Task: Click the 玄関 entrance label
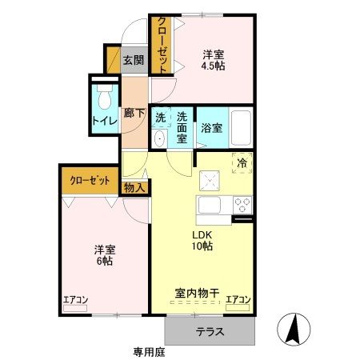(133, 60)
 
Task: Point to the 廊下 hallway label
(134, 113)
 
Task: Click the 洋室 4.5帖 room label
(213, 60)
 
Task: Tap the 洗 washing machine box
(160, 116)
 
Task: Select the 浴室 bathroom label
(211, 127)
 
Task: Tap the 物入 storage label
(134, 188)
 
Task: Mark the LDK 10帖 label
(200, 240)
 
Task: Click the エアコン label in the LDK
(238, 300)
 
